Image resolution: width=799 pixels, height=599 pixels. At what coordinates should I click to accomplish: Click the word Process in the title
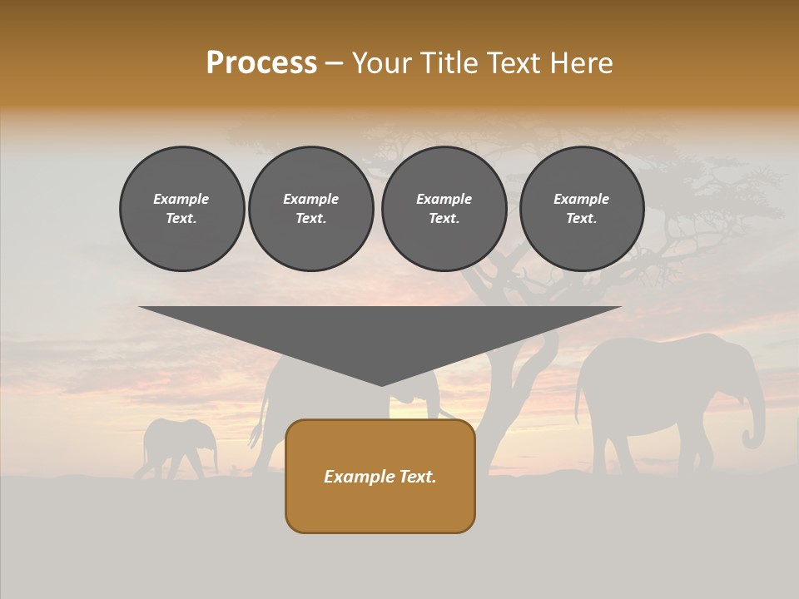click(x=261, y=63)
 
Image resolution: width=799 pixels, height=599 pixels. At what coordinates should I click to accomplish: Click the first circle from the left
click(x=181, y=208)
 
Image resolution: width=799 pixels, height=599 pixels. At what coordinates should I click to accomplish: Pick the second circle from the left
click(x=311, y=208)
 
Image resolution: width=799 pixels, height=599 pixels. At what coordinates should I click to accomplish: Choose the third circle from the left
click(x=444, y=208)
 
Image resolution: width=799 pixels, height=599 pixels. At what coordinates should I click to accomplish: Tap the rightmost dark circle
click(x=581, y=208)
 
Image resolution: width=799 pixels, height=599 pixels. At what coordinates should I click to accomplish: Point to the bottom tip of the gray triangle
click(x=381, y=384)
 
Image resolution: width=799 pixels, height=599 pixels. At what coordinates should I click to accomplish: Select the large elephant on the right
click(x=658, y=391)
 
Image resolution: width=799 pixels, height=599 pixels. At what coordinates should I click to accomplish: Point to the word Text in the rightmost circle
click(x=581, y=218)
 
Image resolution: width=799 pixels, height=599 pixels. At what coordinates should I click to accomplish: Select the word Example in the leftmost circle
click(x=181, y=199)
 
